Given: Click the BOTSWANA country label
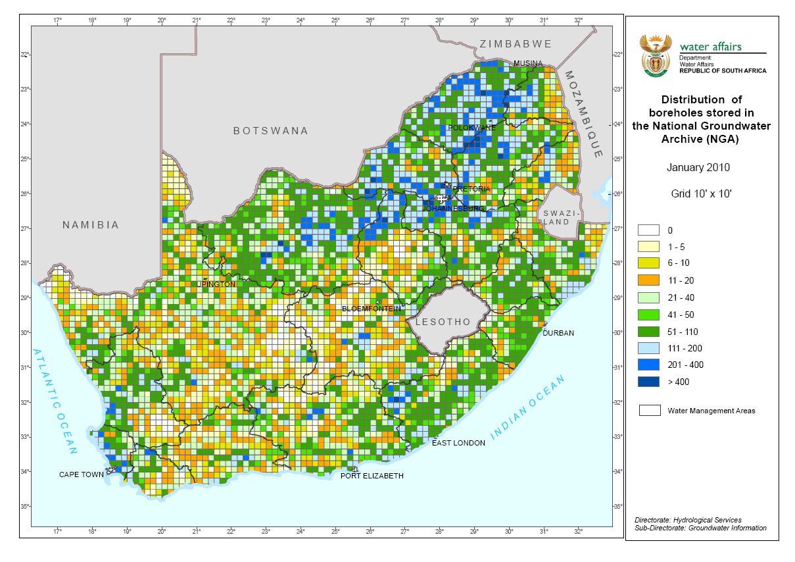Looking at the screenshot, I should click(270, 131).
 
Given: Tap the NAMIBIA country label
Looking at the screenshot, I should click(91, 225).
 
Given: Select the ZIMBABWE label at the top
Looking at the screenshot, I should click(515, 44).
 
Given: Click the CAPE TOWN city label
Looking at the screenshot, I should click(81, 474).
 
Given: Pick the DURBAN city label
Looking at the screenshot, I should click(558, 333).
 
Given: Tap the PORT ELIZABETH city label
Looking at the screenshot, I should click(372, 476).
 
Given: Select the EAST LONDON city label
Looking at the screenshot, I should click(458, 443).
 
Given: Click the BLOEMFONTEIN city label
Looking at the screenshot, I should click(371, 309).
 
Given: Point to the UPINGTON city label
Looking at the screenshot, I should click(216, 284).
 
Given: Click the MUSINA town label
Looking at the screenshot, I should click(528, 63).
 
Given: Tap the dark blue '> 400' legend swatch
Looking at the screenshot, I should click(648, 382).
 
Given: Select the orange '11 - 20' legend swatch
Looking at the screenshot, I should click(648, 280).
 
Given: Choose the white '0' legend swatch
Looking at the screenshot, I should click(648, 230).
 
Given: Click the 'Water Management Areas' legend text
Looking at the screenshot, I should click(711, 411).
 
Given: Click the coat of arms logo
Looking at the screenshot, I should click(654, 57).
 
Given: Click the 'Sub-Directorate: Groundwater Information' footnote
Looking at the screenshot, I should click(700, 528).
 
